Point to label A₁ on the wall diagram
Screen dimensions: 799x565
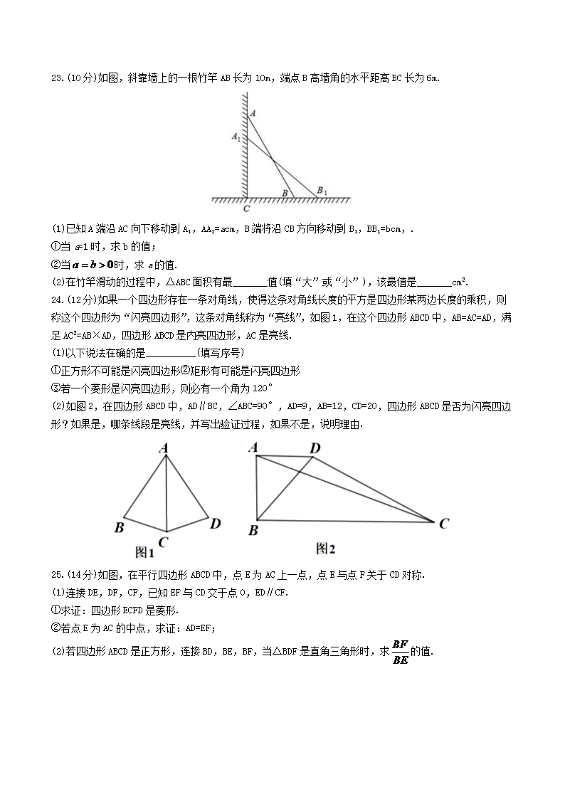pos(236,134)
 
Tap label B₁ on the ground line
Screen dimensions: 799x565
pos(322,190)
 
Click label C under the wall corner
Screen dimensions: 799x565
pos(246,208)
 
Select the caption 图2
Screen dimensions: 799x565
pos(325,549)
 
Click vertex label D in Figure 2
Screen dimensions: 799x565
pos(315,448)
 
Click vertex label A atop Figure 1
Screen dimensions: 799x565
pos(163,448)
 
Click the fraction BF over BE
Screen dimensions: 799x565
pos(400,651)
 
